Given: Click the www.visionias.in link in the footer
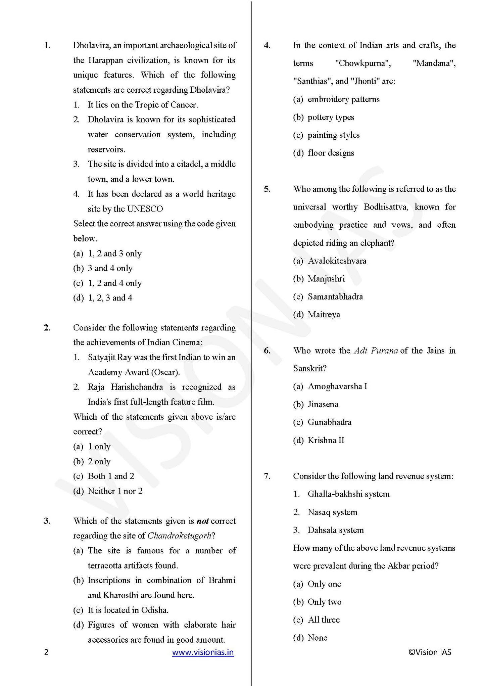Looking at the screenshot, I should click(203, 652).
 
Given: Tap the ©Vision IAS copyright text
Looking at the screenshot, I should click(430, 652).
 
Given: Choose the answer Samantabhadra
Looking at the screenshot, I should click(335, 297).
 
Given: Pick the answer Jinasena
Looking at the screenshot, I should click(323, 404).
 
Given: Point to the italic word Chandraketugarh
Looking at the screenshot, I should click(179, 536).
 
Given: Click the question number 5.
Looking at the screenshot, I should click(267, 189).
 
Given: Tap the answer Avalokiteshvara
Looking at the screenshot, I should click(337, 261).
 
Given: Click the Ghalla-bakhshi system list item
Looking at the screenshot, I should click(348, 494).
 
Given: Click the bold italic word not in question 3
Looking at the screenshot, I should click(202, 521).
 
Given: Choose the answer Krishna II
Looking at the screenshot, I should click(326, 440).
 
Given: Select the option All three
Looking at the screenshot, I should click(324, 620).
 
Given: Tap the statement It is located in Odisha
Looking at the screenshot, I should click(128, 610).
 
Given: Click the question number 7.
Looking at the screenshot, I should click(267, 476).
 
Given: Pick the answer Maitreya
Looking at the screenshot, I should click(324, 315).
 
